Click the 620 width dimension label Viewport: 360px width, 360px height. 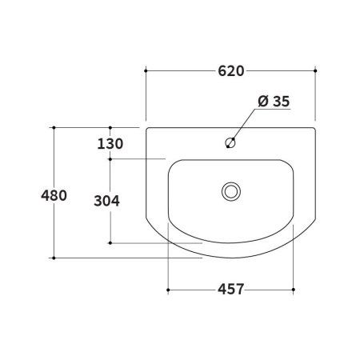pyautogui.click(x=230, y=71)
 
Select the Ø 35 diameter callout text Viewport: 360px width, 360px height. pyautogui.click(x=274, y=101)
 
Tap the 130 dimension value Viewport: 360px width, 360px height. pyautogui.click(x=110, y=144)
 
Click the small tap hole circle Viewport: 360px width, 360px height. pyautogui.click(x=230, y=144)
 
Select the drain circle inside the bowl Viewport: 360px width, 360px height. pyautogui.click(x=230, y=190)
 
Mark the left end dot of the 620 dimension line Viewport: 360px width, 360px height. pyautogui.click(x=146, y=71)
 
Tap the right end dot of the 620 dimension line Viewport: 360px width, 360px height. pyautogui.click(x=316, y=71)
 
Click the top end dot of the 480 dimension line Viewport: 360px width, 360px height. pyautogui.click(x=54, y=127)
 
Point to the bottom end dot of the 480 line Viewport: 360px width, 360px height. pyautogui.click(x=54, y=258)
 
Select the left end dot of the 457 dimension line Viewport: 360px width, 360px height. pyautogui.click(x=167, y=288)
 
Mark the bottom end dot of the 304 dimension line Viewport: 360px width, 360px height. pyautogui.click(x=110, y=242)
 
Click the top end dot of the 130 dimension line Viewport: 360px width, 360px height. pyautogui.click(x=110, y=127)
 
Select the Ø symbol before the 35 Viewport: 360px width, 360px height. pyautogui.click(x=262, y=101)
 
